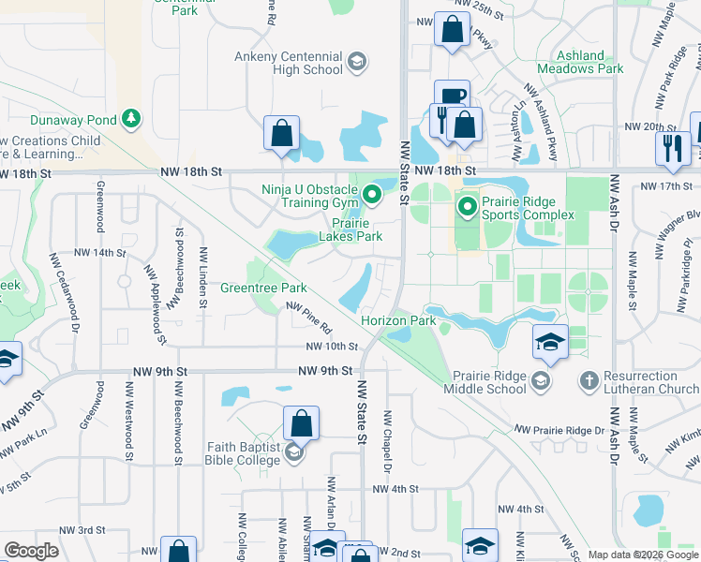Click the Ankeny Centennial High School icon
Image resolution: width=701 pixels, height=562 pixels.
356,63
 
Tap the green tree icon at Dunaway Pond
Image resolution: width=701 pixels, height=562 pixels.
132,119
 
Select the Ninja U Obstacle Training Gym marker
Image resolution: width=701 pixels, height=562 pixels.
372,196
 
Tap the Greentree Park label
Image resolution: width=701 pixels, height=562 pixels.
263,288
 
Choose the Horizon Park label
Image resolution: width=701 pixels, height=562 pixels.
399,320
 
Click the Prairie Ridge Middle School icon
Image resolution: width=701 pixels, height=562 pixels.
541,380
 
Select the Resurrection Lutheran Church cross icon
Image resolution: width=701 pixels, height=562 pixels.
589,380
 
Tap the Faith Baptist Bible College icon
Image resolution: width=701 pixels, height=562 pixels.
293,453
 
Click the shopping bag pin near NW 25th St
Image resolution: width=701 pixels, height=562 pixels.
452,30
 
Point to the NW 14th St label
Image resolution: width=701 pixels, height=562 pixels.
99,253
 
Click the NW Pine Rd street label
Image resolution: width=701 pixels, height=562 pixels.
309,318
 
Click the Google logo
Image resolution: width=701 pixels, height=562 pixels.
31,551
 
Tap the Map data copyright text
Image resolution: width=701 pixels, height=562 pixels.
642,555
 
